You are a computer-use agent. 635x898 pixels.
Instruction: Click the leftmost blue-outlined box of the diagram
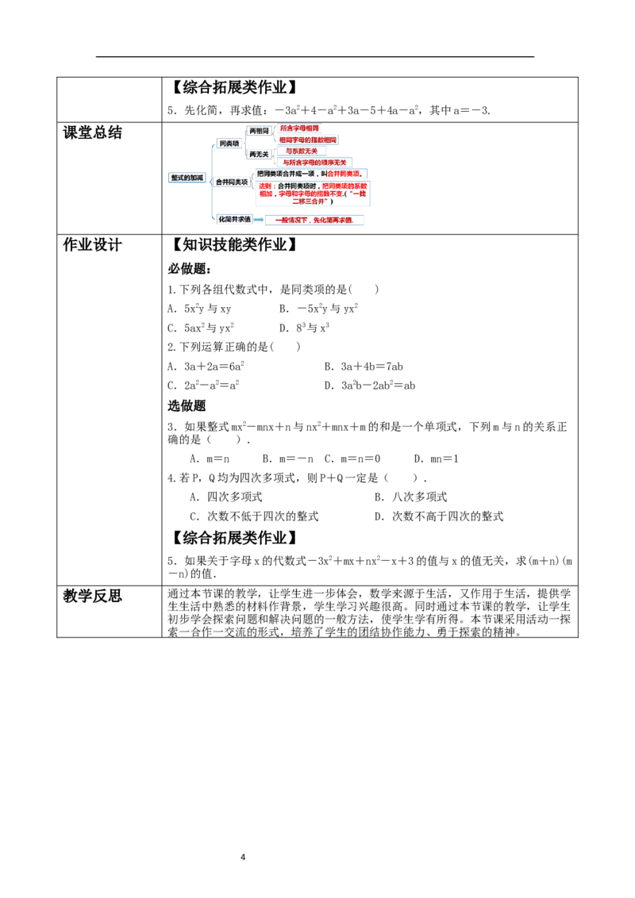[187, 178]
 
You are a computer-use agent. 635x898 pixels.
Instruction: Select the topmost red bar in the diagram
[299, 128]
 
